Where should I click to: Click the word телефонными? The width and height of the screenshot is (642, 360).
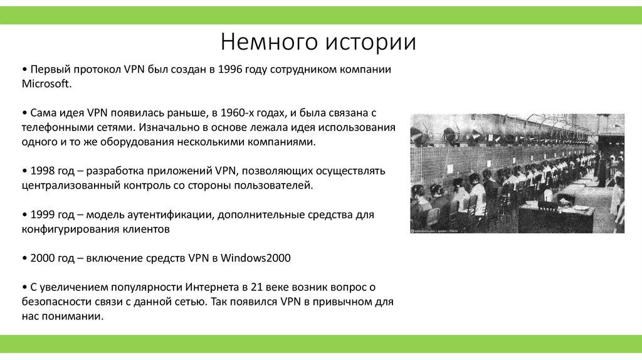(55, 127)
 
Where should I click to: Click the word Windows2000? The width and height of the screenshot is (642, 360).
(257, 258)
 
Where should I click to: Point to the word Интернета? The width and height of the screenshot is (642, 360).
(211, 288)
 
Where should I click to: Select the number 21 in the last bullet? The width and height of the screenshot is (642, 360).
(255, 288)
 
